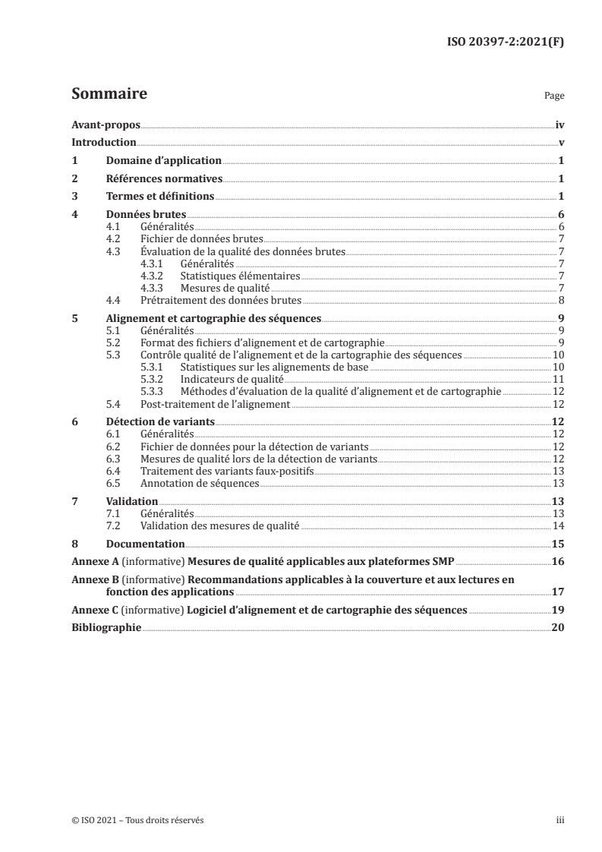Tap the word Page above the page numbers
pyautogui.click(x=554, y=97)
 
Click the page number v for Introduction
pyautogui.click(x=560, y=143)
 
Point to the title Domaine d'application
pyautogui.click(x=163, y=161)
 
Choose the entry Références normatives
pyautogui.click(x=164, y=179)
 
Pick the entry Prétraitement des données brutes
pyautogui.click(x=221, y=300)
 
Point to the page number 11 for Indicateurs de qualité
pyautogui.click(x=557, y=379)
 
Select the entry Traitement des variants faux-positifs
pyautogui.click(x=227, y=471)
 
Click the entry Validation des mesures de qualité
pyautogui.click(x=220, y=525)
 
